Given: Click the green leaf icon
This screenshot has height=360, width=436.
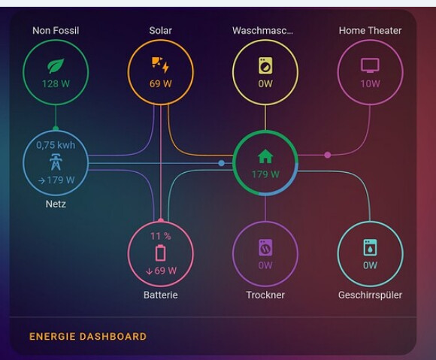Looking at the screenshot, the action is (x=56, y=66).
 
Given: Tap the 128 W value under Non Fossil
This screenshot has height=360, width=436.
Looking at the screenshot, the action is (x=56, y=83).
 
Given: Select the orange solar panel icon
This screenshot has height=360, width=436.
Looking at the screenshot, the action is (x=160, y=65).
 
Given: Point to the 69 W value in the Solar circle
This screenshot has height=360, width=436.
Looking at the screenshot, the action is (x=161, y=83).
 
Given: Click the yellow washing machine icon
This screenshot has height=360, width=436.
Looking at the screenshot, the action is (x=265, y=65).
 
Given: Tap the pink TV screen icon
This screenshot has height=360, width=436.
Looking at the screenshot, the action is (x=370, y=65).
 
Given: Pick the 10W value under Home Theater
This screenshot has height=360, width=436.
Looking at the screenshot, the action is (x=370, y=83).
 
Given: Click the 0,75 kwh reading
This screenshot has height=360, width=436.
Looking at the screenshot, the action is (x=56, y=145).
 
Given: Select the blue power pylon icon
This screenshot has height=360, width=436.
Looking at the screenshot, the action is (x=56, y=162).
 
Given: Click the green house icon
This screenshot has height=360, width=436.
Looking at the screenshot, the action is (x=265, y=156).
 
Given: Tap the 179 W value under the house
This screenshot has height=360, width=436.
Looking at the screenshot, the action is (x=265, y=174).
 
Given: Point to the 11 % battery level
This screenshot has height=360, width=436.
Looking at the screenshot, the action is (x=161, y=236).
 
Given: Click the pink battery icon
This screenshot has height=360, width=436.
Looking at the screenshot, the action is (x=160, y=253).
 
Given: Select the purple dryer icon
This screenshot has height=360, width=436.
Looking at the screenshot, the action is (x=265, y=247).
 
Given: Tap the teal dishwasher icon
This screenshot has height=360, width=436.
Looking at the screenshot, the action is (x=370, y=247).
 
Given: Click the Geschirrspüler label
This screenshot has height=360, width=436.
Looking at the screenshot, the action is (x=370, y=295).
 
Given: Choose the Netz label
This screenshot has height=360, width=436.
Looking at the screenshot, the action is (x=56, y=204).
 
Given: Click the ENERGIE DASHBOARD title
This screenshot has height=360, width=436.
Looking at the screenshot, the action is (x=88, y=337).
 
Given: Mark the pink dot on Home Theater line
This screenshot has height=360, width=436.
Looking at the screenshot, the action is (x=328, y=155).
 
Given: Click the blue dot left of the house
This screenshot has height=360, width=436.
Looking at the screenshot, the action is (x=221, y=163).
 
